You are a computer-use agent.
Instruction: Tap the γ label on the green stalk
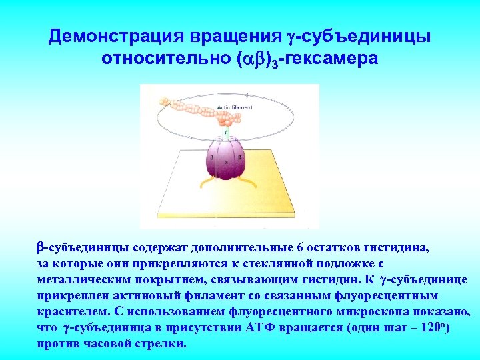225,132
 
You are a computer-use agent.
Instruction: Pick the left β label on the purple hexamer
211,159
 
